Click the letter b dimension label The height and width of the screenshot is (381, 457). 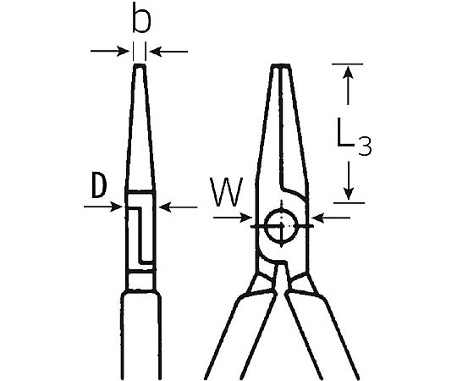pyautogui.click(x=141, y=18)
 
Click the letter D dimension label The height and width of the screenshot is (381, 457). pyautogui.click(x=99, y=185)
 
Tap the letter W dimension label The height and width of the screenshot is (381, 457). pyautogui.click(x=227, y=192)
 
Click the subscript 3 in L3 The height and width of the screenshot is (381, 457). pyautogui.click(x=365, y=146)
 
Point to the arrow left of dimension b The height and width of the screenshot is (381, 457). pyautogui.click(x=110, y=52)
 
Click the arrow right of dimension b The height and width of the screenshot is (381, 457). pyautogui.click(x=168, y=52)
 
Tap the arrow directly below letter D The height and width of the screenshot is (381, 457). pyautogui.click(x=103, y=207)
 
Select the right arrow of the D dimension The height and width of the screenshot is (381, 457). pyautogui.click(x=179, y=207)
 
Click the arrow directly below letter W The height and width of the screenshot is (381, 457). pyautogui.click(x=233, y=218)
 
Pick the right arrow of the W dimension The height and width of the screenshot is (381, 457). pyautogui.click(x=331, y=218)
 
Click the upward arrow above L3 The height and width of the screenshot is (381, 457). pyautogui.click(x=349, y=86)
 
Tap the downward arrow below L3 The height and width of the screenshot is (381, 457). pyautogui.click(x=349, y=180)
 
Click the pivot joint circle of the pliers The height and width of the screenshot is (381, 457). pyautogui.click(x=281, y=226)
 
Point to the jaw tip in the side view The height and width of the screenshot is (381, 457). pyautogui.click(x=140, y=66)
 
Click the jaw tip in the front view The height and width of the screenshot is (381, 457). pyautogui.click(x=281, y=66)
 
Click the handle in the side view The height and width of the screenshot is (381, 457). pyautogui.click(x=141, y=335)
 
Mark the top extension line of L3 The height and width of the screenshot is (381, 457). pyautogui.click(x=347, y=63)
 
